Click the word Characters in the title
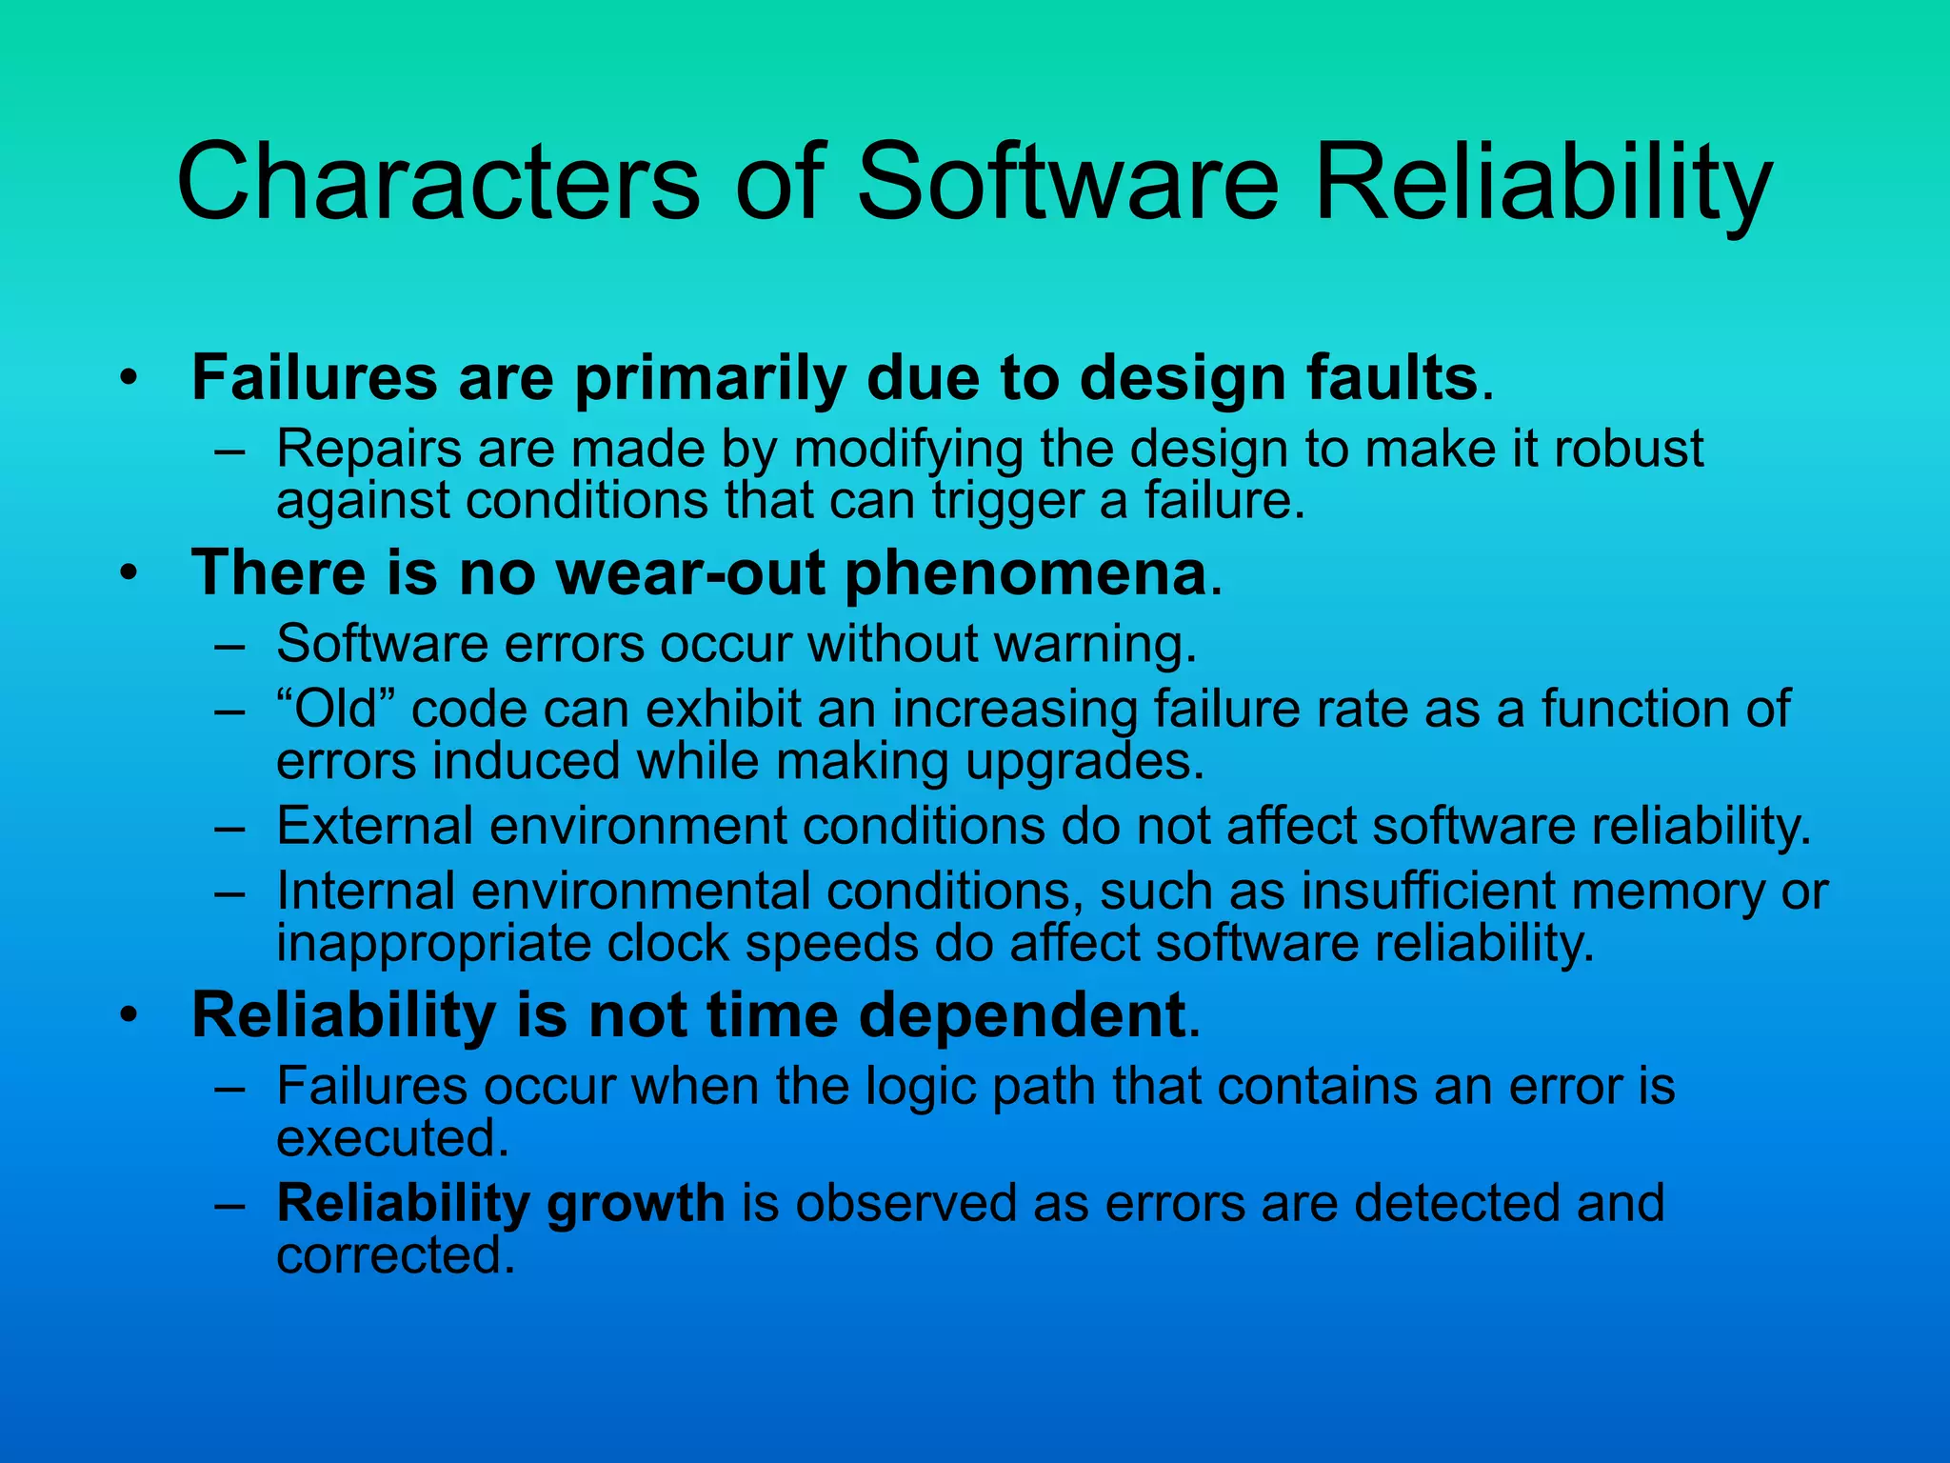tap(439, 181)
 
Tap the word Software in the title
tap(1067, 181)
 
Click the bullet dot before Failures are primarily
tap(129, 380)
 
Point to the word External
tap(375, 826)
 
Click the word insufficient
tap(1428, 892)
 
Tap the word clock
tap(667, 944)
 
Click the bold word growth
tap(635, 1204)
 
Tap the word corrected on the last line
tap(394, 1256)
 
